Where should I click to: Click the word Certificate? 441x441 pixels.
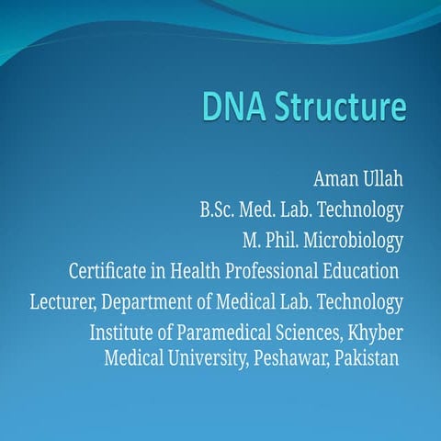110,272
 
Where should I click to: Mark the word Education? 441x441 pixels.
363,272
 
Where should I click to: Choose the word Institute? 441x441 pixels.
124,333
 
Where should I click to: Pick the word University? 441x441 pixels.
200,356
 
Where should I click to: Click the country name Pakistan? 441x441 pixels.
365,356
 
